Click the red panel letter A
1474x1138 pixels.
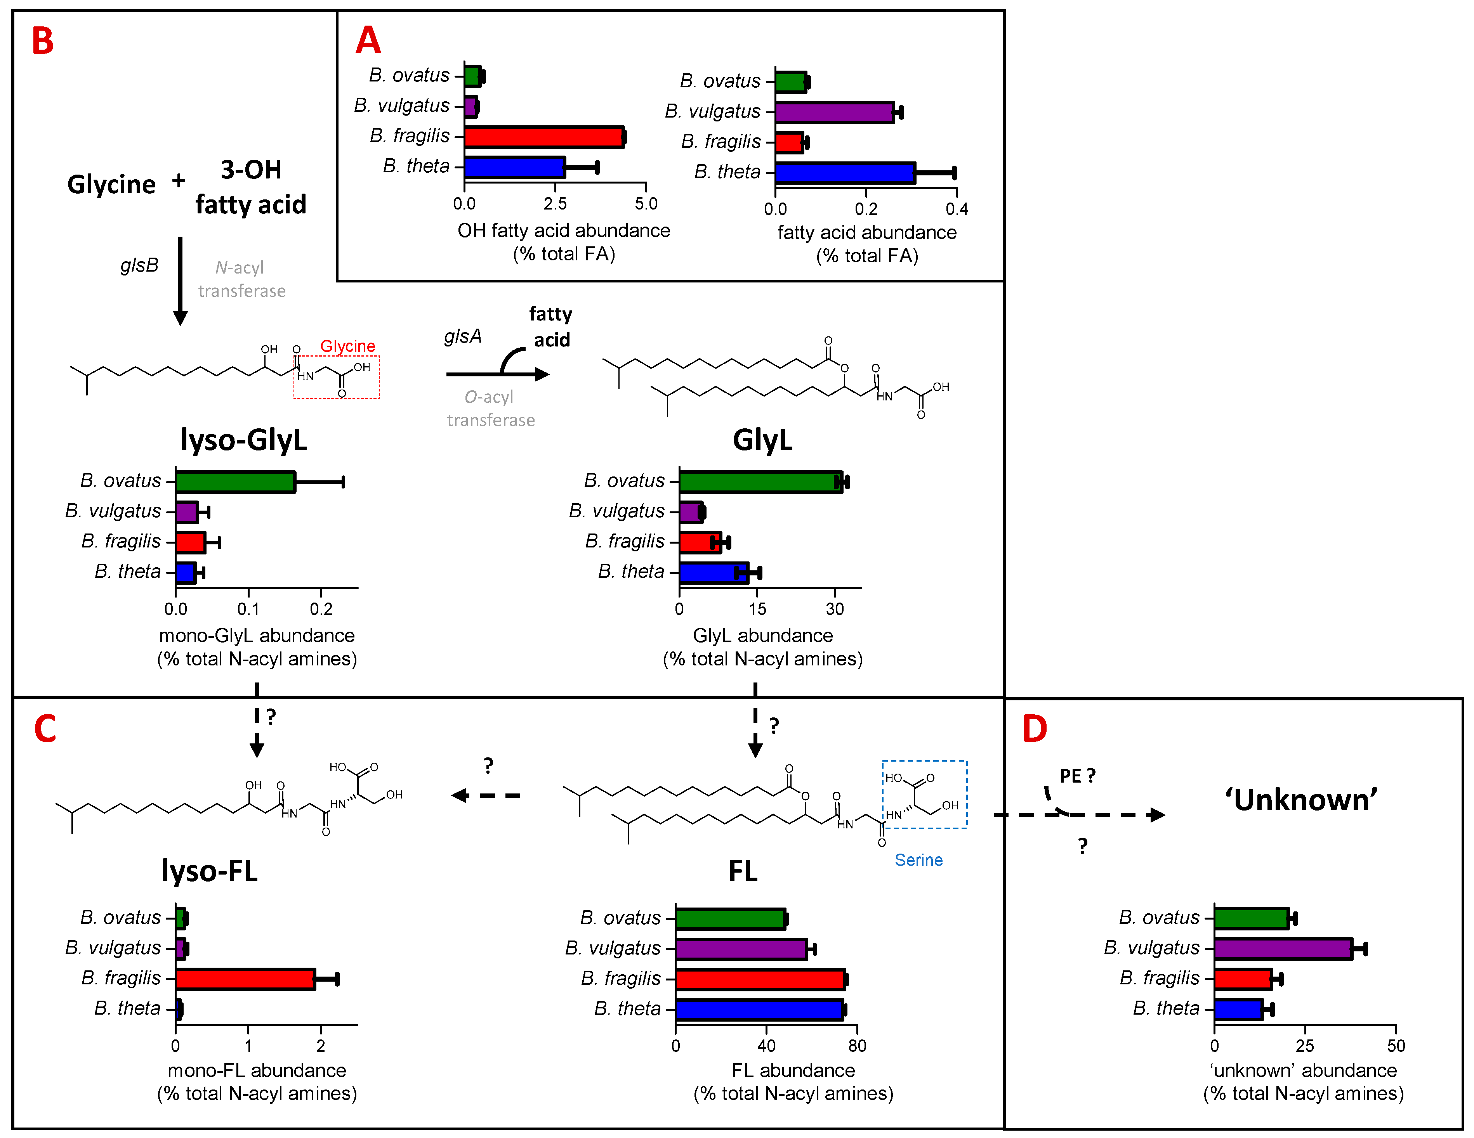point(368,40)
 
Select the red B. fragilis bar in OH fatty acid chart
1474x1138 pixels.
point(543,137)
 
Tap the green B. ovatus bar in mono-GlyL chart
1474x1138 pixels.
point(235,482)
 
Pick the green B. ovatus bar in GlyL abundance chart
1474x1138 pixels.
point(760,482)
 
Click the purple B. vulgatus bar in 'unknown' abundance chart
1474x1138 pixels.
point(1282,948)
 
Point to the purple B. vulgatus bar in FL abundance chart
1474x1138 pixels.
point(740,948)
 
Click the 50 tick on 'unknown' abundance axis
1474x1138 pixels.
point(1396,1046)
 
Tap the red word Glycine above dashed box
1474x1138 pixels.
point(347,346)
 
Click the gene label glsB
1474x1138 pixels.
point(139,265)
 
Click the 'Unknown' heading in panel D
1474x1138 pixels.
point(1300,800)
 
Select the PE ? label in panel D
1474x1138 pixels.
point(1077,776)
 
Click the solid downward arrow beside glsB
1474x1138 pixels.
point(180,280)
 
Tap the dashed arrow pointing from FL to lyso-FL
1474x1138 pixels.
point(486,795)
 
